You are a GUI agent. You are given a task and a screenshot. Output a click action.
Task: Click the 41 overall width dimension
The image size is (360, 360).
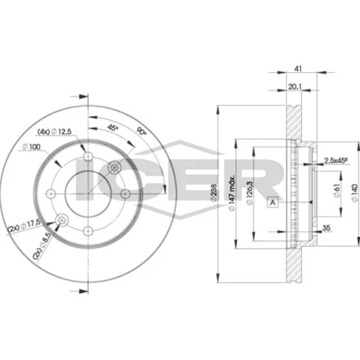298,68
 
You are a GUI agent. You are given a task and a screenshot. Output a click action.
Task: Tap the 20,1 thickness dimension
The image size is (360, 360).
294,86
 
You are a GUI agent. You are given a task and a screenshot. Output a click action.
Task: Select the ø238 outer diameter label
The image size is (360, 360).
213,192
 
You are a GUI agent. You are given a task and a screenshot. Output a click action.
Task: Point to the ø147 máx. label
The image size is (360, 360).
232,194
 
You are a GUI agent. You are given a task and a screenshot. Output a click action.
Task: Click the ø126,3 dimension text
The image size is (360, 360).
250,193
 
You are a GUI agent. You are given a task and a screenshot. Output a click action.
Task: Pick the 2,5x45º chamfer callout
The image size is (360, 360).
336,161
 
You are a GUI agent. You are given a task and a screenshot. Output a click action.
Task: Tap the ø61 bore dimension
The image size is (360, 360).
337,191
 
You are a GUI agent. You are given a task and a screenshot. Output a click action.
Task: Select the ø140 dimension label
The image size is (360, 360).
355,193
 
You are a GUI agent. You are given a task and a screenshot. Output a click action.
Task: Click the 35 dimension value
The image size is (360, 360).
326,228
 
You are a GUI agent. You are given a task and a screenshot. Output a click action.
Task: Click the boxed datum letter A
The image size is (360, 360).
273,202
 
